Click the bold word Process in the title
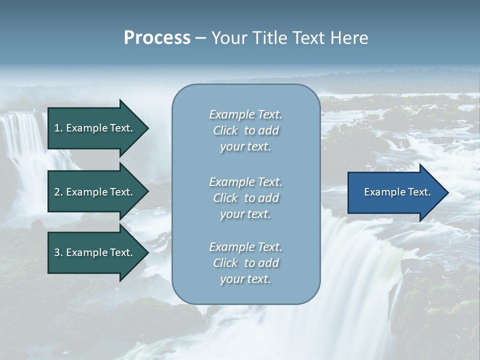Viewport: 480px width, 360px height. (157, 38)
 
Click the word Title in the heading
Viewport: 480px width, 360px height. (269, 38)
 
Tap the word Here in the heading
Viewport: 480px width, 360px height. (349, 38)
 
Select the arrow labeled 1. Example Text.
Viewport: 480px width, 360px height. (95, 128)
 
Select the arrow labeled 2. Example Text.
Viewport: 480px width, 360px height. (95, 192)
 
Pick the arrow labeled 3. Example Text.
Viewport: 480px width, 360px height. (95, 252)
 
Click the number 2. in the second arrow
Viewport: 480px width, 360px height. (58, 192)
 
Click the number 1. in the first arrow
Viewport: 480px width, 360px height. (58, 128)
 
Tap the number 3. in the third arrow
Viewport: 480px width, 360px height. (58, 252)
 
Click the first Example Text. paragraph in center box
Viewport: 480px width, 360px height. (246, 130)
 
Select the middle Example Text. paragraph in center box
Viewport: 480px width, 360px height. (246, 198)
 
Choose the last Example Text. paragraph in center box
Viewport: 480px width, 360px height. (246, 263)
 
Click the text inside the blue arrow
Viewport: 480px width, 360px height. (397, 192)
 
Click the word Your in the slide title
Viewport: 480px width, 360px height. (229, 38)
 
